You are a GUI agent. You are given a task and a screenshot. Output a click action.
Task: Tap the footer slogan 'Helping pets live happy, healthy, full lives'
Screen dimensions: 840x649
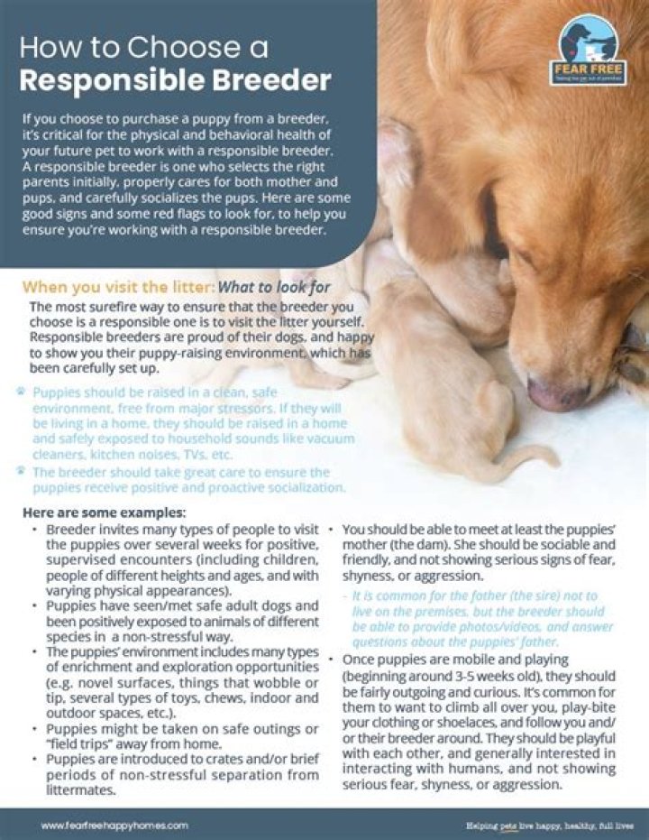(x=550, y=825)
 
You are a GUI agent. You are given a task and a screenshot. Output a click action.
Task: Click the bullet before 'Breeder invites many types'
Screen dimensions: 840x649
(x=34, y=530)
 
